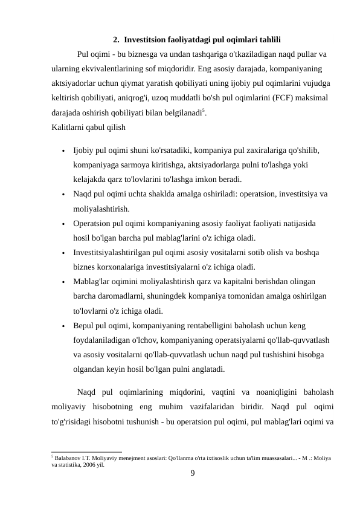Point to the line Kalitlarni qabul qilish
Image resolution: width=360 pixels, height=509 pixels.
(89, 127)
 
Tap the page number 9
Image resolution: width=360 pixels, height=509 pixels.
(192, 475)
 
